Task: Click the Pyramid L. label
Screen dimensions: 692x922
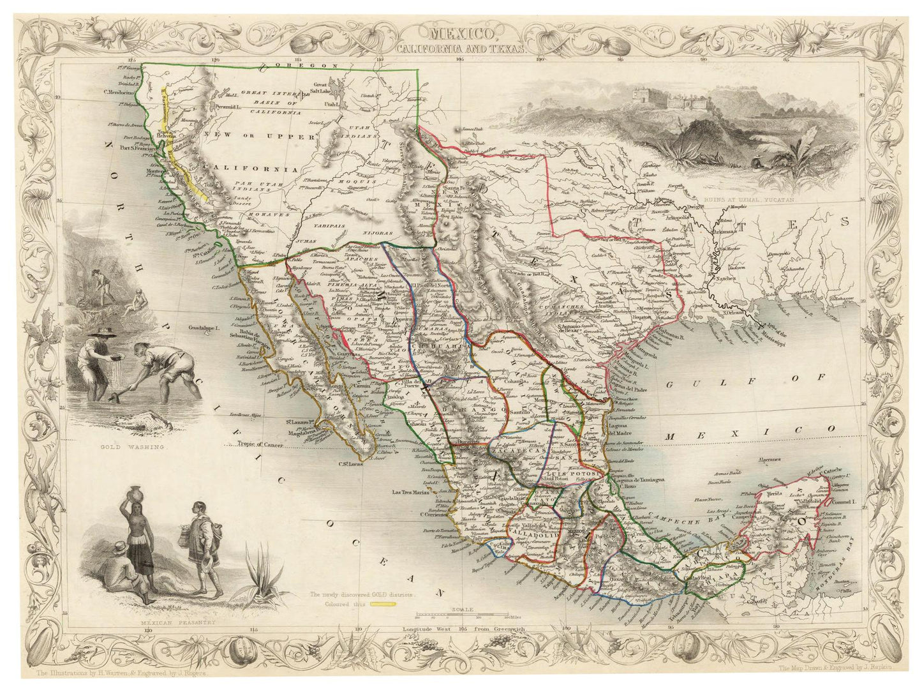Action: point(228,106)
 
